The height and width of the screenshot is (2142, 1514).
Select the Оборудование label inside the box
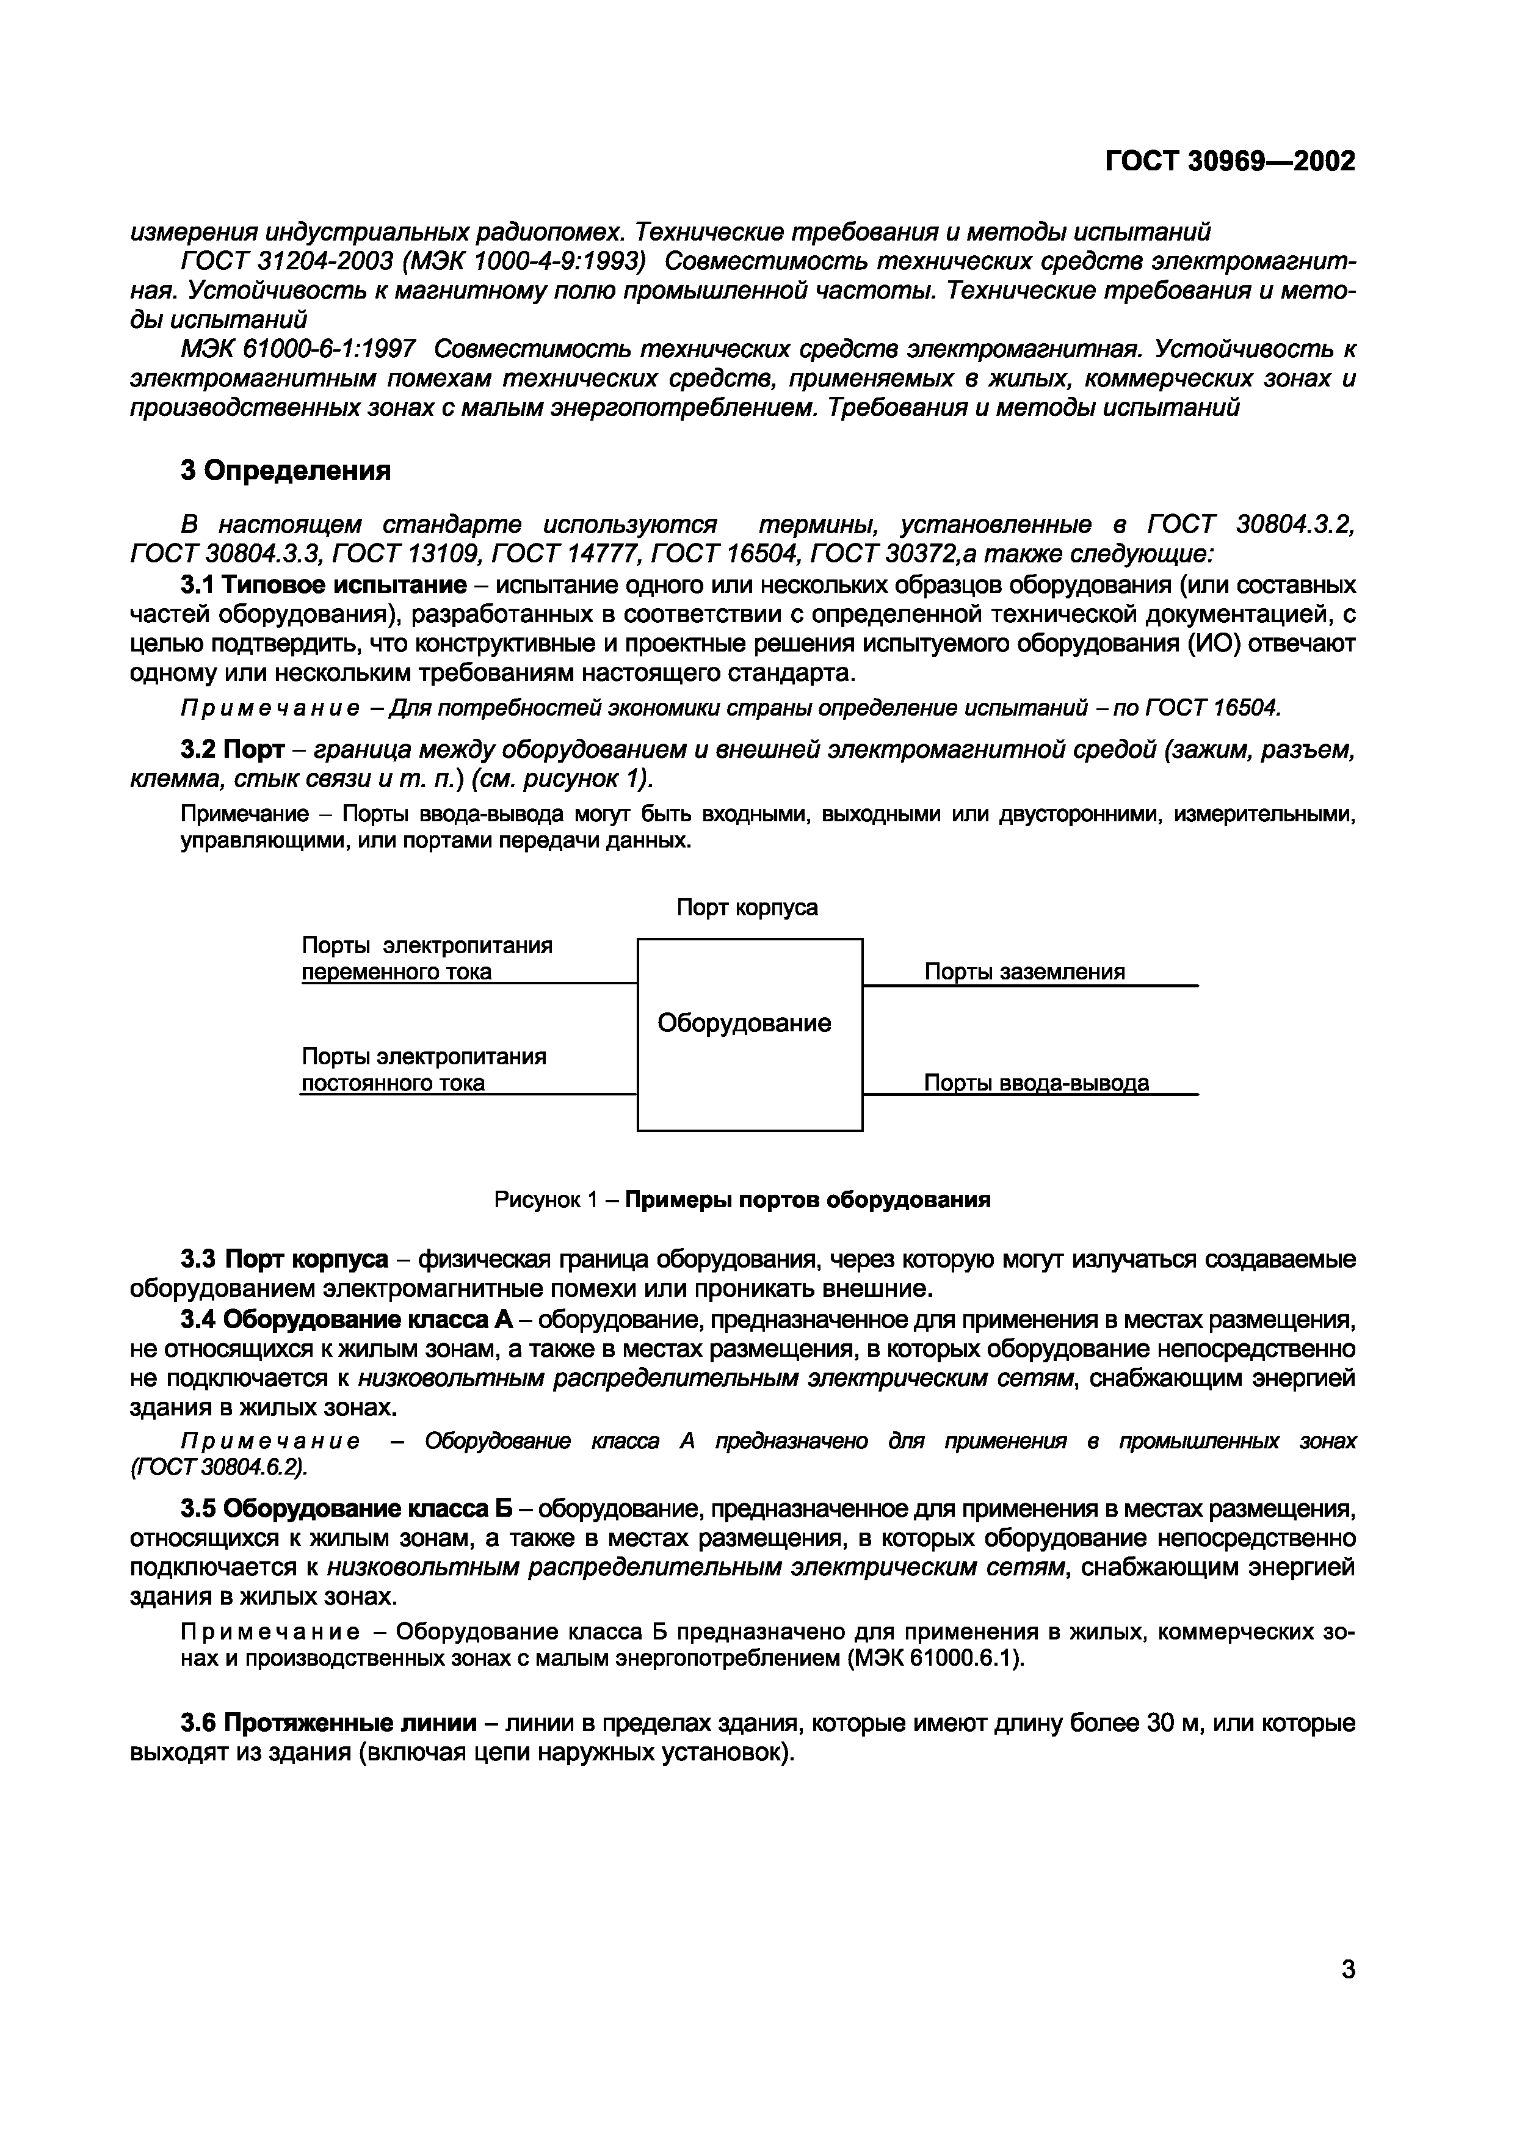tap(744, 1023)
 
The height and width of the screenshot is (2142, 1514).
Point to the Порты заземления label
tap(1024, 972)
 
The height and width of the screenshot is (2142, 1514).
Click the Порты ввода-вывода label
tap(1035, 1083)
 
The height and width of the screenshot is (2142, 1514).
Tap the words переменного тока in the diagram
tap(396, 972)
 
